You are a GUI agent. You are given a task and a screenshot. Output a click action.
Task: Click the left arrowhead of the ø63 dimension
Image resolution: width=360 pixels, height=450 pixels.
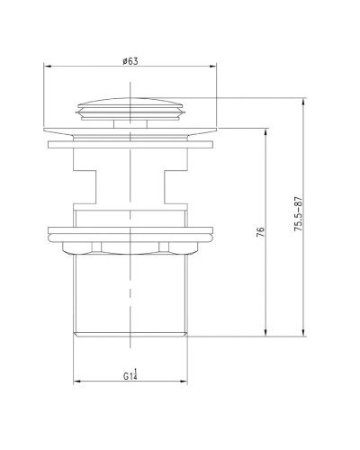click(46, 66)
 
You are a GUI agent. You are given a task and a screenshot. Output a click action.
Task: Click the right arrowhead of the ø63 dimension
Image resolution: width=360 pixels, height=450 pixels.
click(217, 66)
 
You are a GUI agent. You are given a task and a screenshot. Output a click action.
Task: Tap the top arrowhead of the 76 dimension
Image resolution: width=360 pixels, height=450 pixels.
click(266, 132)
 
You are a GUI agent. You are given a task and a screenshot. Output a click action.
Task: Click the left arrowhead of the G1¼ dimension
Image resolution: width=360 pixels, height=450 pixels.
click(73, 382)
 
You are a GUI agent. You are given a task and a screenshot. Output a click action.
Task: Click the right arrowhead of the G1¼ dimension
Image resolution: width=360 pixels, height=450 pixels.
click(190, 382)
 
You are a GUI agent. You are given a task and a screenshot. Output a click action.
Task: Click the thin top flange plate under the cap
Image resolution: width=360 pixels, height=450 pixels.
click(131, 137)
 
